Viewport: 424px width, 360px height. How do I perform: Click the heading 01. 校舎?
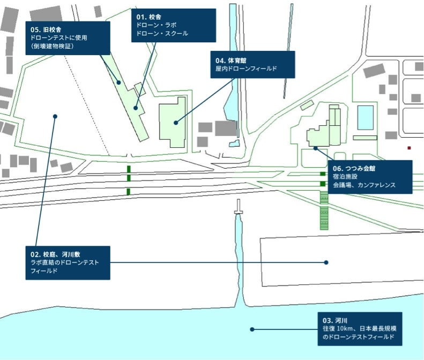click(148, 17)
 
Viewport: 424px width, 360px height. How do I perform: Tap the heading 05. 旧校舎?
click(46, 29)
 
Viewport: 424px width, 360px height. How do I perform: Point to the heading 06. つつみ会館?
click(354, 168)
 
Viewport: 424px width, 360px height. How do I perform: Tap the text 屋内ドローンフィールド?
click(246, 68)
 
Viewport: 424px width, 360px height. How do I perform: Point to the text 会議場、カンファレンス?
click(364, 185)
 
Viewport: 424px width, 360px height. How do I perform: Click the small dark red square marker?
click(409, 148)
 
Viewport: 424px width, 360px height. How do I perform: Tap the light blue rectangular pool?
click(365, 117)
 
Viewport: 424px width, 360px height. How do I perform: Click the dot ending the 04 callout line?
click(176, 123)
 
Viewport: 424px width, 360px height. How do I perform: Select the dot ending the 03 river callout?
click(252, 329)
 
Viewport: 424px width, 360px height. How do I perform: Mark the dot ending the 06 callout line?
click(316, 148)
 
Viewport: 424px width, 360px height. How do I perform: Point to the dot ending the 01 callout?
click(136, 108)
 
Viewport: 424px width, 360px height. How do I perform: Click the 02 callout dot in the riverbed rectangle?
click(326, 262)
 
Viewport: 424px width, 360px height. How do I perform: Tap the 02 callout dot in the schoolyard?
click(55, 116)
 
